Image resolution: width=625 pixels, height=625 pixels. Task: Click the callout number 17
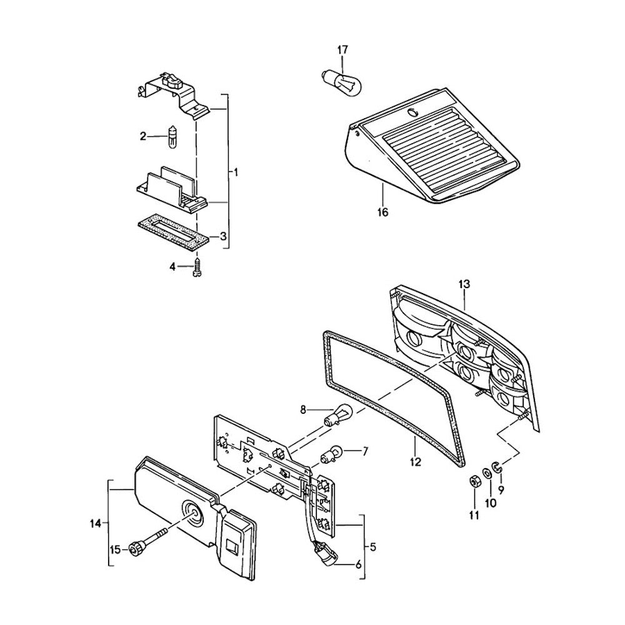[343, 49]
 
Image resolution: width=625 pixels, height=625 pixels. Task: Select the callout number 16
[383, 212]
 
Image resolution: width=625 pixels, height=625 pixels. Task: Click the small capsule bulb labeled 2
[173, 137]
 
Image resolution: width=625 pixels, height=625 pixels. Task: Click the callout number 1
[236, 171]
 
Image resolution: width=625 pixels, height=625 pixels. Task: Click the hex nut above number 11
[474, 483]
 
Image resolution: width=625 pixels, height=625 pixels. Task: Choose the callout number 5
[373, 547]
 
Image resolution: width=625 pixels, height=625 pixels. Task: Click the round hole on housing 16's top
[411, 112]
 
